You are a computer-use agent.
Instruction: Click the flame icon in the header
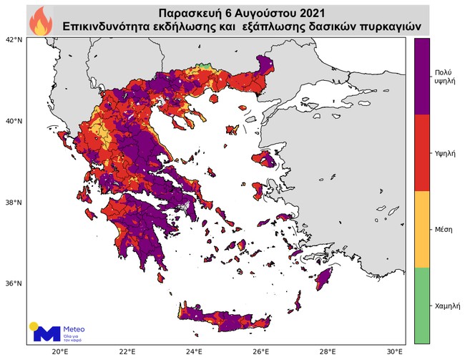point(39,20)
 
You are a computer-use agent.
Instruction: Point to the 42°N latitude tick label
point(14,40)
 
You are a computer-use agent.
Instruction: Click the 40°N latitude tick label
point(14,121)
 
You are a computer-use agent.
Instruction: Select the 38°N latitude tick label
point(14,203)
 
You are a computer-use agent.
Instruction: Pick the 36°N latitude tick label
point(14,283)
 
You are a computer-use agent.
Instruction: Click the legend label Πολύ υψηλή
point(443,78)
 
